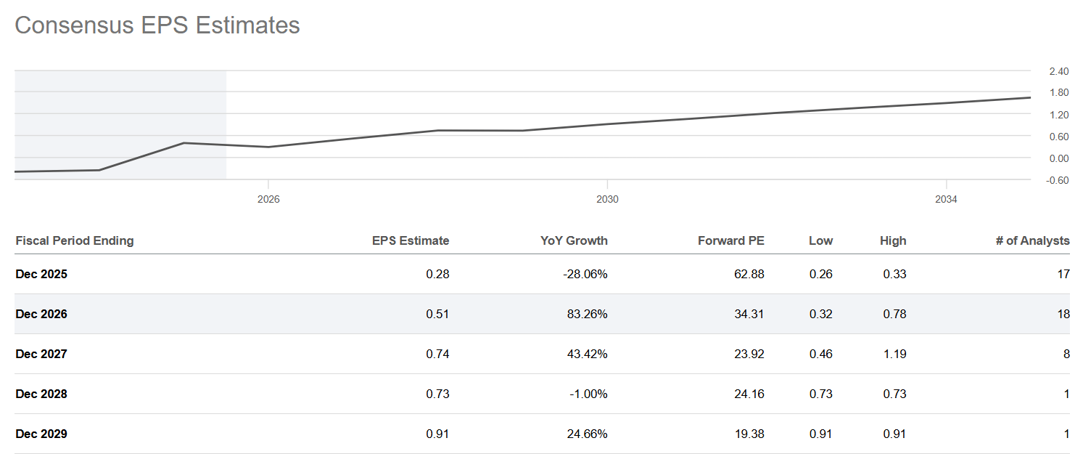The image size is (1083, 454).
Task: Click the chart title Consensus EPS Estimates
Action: [157, 25]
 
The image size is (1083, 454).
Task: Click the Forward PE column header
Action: [730, 240]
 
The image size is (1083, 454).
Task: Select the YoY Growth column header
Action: [574, 240]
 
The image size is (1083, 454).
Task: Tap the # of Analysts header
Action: [1032, 240]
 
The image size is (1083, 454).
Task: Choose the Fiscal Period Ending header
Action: [75, 240]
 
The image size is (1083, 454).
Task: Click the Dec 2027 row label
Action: [41, 354]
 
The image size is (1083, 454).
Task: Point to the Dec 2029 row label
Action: [41, 434]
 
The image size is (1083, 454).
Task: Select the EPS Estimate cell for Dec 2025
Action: [438, 274]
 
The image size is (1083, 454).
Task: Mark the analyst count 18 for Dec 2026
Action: [1063, 314]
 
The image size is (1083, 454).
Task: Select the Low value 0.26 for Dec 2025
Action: [821, 274]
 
